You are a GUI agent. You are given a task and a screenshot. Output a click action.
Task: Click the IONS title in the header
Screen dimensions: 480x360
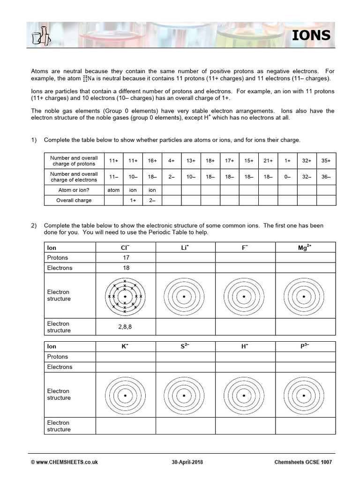312,36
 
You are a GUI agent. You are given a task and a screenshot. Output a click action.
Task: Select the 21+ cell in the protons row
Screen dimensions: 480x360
268,160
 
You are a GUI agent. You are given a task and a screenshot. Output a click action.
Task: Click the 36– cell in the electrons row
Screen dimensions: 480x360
326,177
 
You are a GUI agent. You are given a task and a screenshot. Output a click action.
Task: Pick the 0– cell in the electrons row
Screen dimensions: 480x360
287,177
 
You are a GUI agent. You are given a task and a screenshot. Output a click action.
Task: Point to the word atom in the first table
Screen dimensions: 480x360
113,190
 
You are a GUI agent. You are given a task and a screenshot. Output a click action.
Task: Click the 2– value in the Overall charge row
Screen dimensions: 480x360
152,200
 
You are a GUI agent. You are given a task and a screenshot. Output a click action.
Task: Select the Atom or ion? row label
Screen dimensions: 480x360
74,190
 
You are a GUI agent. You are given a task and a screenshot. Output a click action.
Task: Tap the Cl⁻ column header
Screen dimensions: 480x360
125,247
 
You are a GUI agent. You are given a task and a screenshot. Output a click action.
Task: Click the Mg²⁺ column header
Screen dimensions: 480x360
305,247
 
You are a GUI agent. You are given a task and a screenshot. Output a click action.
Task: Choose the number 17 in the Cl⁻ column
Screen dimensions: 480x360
125,258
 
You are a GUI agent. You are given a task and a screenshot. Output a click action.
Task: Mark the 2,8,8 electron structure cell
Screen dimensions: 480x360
125,327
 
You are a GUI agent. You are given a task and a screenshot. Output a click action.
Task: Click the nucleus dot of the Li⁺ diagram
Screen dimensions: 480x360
185,296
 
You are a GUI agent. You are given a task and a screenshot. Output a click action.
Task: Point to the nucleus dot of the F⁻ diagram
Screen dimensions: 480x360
245,296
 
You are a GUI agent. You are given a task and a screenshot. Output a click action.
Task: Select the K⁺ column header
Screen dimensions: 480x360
125,346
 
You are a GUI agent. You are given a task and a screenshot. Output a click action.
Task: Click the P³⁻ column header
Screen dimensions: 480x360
305,346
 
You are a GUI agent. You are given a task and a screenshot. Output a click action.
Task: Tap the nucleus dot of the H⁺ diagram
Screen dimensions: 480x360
245,395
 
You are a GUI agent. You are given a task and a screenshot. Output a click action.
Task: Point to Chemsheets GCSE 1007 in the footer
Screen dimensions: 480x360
303,462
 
